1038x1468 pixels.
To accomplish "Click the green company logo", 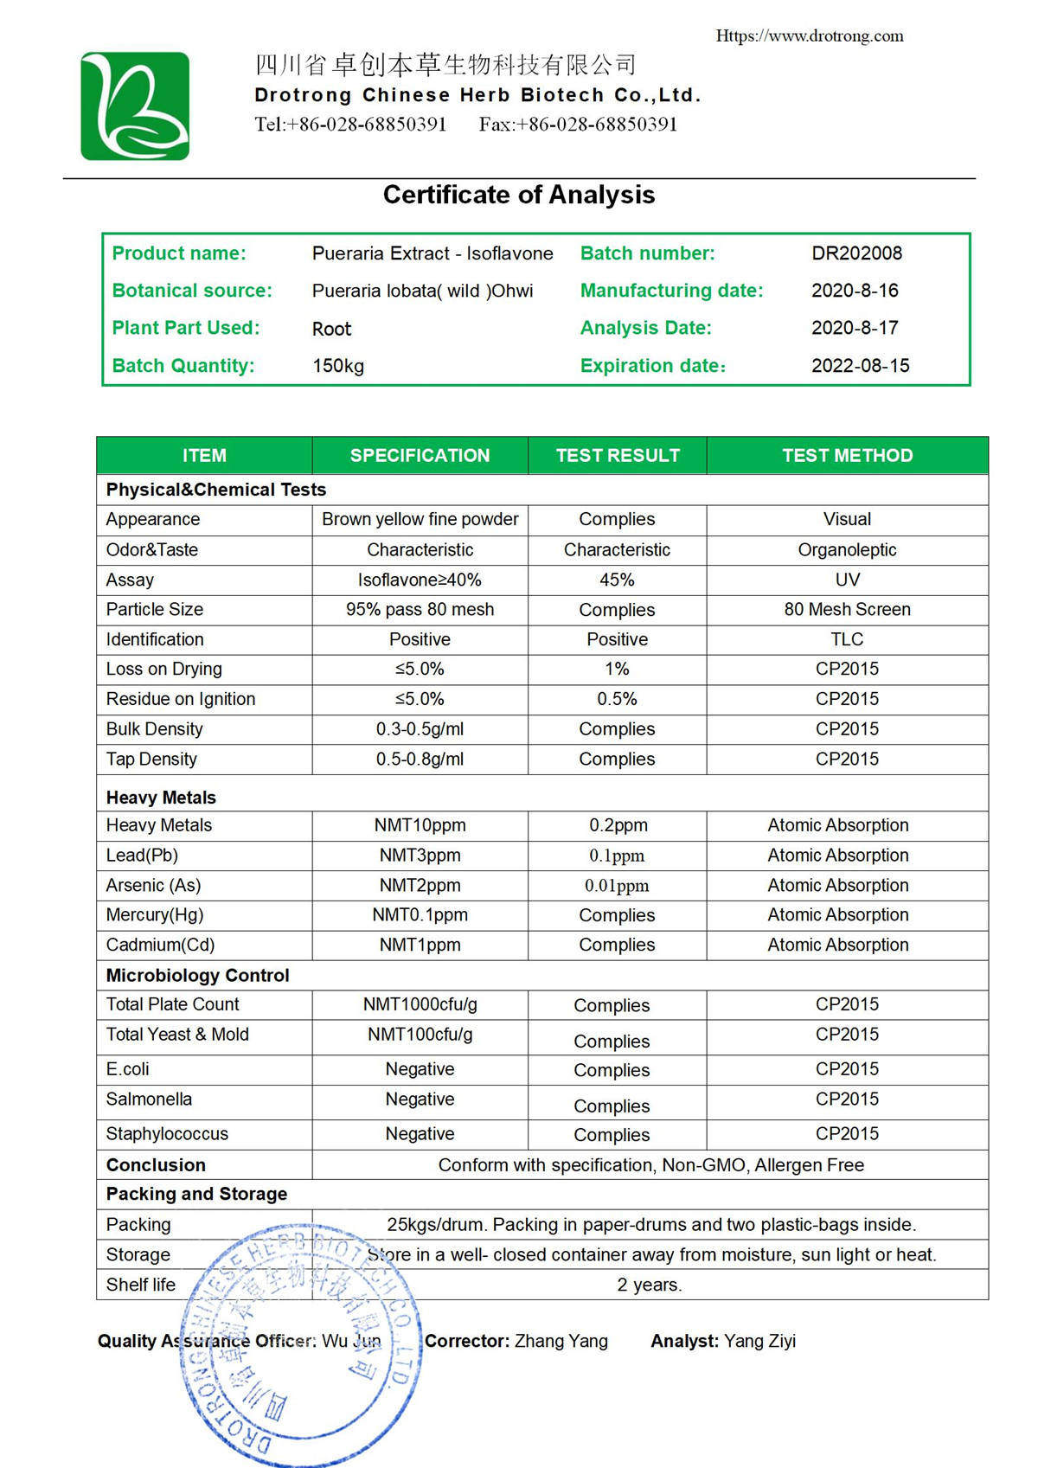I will (x=135, y=106).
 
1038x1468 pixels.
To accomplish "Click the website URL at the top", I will (x=809, y=36).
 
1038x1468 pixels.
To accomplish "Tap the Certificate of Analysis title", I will (x=519, y=196).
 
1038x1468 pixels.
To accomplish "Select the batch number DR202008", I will (x=856, y=253).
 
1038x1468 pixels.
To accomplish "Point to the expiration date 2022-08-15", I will (x=860, y=366).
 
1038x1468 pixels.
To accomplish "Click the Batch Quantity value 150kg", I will (x=338, y=366).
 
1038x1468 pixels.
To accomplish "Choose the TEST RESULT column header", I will (x=618, y=456).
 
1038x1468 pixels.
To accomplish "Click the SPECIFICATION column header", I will (x=420, y=456).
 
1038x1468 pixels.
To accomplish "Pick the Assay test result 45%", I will (x=617, y=580).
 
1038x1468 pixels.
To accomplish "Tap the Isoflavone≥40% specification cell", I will (x=420, y=580).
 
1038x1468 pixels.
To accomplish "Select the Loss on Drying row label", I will (x=164, y=669).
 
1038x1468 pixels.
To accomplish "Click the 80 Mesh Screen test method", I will (x=847, y=609).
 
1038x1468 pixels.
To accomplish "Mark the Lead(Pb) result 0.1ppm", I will (x=617, y=856).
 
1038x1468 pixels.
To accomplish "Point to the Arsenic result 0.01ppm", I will (x=617, y=886).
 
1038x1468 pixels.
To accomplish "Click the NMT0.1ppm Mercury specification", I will (x=420, y=915).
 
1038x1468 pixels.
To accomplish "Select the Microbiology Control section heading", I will (x=197, y=976).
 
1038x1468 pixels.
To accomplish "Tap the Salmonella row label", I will (x=149, y=1099).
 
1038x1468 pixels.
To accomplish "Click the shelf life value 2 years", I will (x=650, y=1285).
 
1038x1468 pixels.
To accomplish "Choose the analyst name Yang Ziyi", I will (x=759, y=1342).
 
